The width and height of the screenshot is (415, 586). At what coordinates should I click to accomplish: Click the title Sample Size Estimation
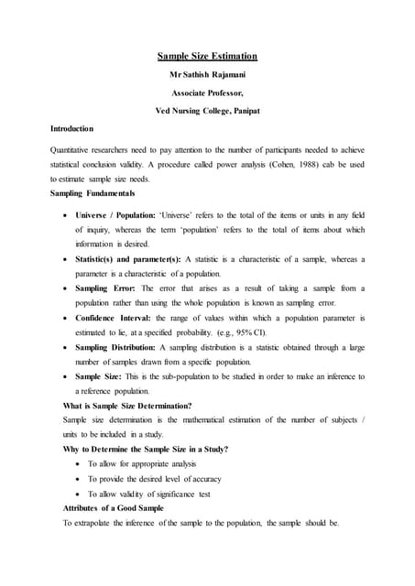pos(207,56)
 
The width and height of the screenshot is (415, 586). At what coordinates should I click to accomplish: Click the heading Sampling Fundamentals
pos(93,194)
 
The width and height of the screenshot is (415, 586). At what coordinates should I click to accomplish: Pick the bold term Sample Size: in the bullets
pos(100,376)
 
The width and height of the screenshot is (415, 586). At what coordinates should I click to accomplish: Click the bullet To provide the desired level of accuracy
pos(154,478)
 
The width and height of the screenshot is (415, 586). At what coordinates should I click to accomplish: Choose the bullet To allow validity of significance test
pos(148,493)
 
